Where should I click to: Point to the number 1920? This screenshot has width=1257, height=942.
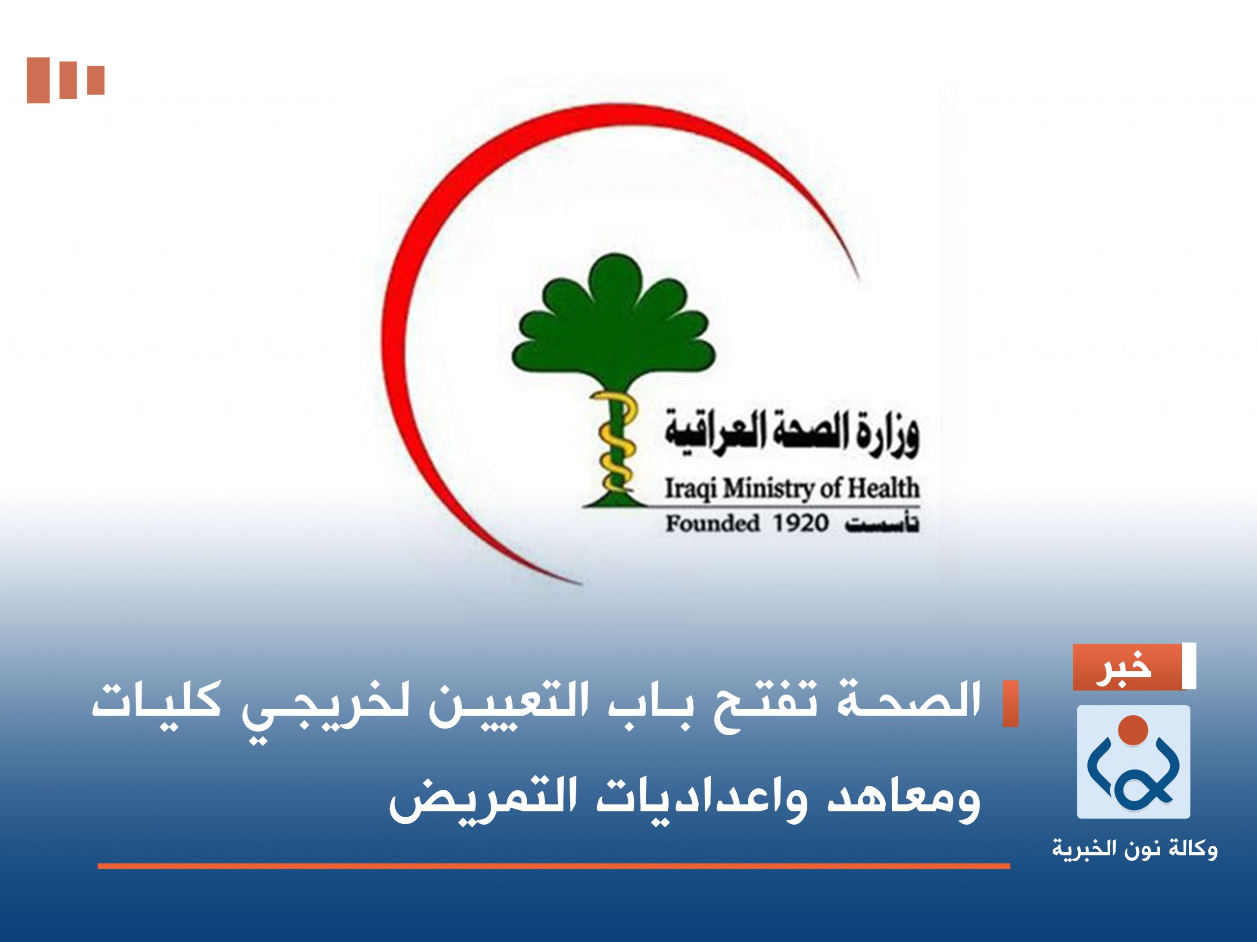[800, 524]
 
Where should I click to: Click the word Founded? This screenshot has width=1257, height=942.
[712, 524]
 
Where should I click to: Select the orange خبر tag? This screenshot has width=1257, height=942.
[1128, 667]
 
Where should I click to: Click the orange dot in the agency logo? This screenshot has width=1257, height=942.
[1133, 730]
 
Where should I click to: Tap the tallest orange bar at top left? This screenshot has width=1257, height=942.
[38, 80]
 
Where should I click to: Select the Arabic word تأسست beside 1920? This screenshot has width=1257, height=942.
[881, 524]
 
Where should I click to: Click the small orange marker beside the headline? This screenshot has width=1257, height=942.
[1010, 703]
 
